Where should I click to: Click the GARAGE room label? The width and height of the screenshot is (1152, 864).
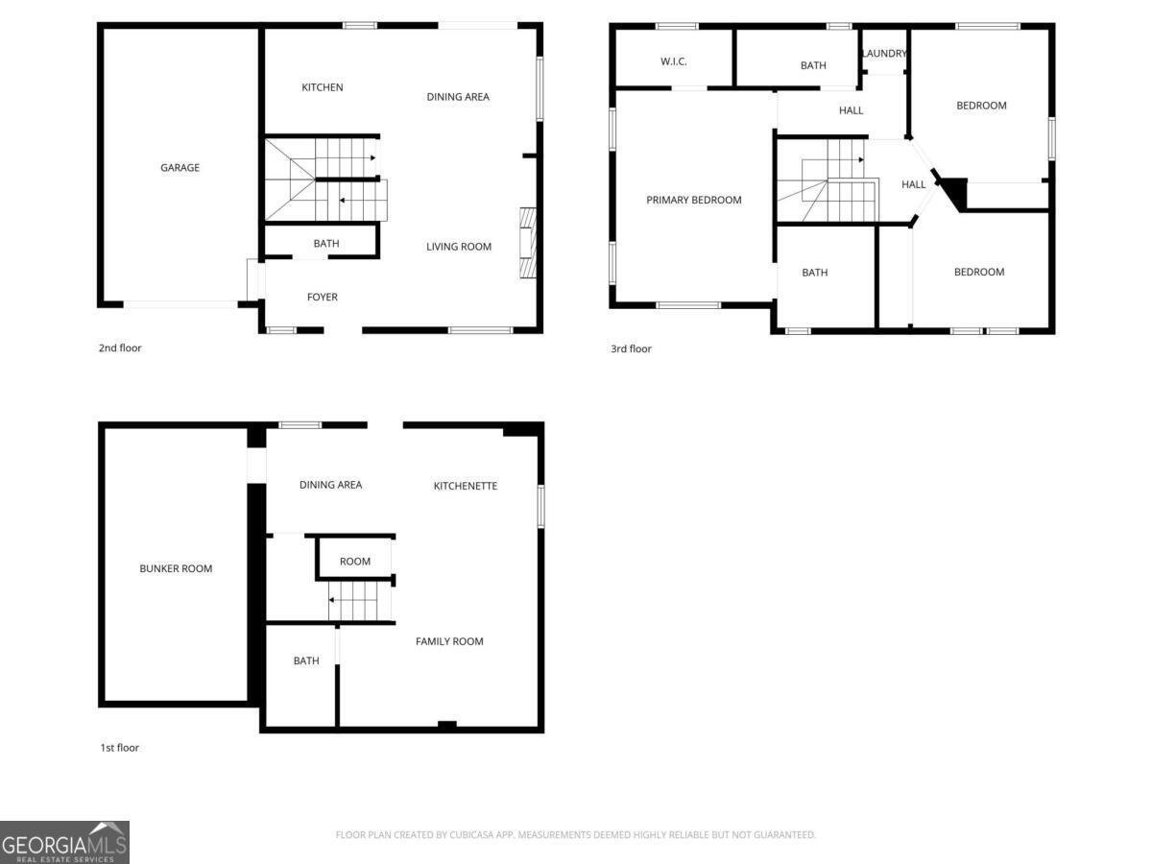pos(180,168)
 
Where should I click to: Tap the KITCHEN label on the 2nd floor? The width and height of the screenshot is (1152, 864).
pos(323,87)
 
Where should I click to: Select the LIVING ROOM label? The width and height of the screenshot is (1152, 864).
pos(459,247)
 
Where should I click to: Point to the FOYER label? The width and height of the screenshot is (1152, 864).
pos(323,298)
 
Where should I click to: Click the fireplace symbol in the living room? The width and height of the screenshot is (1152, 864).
pos(527,243)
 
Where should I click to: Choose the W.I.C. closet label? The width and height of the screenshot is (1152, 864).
pos(674,62)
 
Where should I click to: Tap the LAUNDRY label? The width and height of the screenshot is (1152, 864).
pos(884,54)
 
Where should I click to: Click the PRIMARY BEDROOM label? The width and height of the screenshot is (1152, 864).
pos(694,201)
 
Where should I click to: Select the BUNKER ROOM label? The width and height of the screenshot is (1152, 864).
pos(176,569)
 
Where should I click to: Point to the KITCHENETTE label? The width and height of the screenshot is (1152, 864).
pos(466,486)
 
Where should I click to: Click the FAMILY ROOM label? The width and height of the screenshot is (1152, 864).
pos(449,641)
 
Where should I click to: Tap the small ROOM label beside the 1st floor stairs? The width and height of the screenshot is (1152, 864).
pos(355,562)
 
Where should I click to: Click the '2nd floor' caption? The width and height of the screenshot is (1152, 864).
pos(120,348)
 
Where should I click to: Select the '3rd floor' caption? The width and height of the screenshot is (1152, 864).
pos(632,349)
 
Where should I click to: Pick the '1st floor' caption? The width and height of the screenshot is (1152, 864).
pos(120,748)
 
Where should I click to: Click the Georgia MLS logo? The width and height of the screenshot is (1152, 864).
pos(64,842)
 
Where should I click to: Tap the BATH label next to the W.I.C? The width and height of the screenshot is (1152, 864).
pos(813,65)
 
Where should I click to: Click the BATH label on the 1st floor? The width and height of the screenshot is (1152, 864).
pos(306,660)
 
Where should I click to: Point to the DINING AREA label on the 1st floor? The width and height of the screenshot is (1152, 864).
pos(331,485)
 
